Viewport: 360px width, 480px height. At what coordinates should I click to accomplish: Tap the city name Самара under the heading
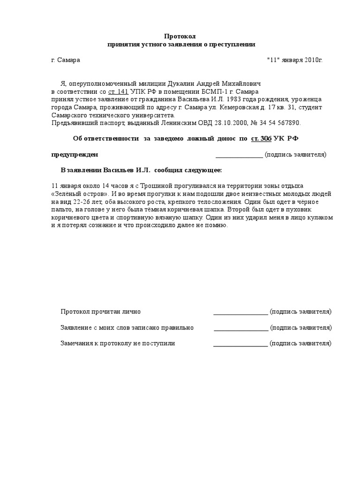(x=68, y=60)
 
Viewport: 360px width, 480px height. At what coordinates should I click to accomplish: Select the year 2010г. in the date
(x=313, y=60)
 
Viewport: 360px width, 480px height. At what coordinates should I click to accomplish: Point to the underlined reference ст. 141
(x=119, y=91)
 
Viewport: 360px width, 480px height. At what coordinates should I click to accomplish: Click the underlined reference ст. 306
(x=262, y=138)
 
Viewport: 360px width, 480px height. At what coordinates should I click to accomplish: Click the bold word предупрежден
(x=75, y=155)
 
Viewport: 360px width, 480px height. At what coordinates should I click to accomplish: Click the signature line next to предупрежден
(x=239, y=155)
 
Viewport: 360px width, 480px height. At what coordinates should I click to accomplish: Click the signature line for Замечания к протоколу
(x=240, y=344)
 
